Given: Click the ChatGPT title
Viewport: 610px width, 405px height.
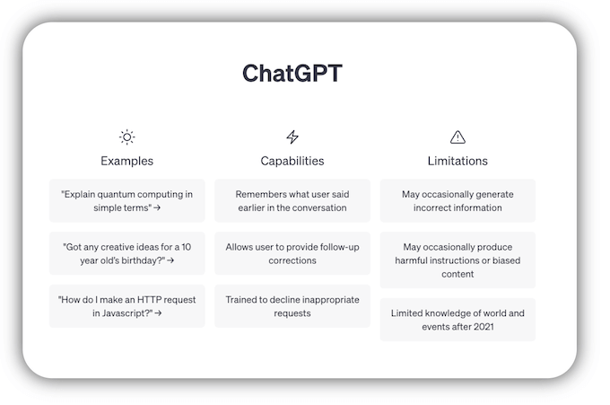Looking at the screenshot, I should [292, 74].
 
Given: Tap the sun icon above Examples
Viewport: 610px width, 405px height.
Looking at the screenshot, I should [127, 137].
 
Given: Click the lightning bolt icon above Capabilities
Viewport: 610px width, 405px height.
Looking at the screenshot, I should [292, 137].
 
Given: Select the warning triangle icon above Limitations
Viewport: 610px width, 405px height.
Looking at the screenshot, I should [457, 137].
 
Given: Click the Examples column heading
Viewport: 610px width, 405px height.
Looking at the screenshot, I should [127, 162].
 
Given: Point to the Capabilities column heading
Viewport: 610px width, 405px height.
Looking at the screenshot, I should [292, 162].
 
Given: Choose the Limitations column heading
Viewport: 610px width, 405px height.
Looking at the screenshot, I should [457, 162].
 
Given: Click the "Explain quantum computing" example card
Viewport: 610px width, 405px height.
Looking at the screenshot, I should [127, 200].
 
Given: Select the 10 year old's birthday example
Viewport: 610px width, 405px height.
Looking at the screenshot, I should [127, 253].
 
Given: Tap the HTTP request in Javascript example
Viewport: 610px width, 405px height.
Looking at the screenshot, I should [127, 306].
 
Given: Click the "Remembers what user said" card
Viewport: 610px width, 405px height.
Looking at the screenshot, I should [292, 200].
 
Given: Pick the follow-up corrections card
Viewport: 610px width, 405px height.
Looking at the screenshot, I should [292, 253].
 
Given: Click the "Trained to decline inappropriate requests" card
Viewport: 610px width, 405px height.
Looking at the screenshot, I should [292, 306].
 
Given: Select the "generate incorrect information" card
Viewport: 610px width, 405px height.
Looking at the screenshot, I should [457, 200].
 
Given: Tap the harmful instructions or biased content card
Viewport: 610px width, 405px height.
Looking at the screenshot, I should [457, 260].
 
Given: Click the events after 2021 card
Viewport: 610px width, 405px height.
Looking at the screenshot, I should [457, 320].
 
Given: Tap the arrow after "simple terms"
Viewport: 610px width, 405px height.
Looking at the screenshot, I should [158, 207].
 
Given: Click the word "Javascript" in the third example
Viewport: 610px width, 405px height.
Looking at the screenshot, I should [118, 313].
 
